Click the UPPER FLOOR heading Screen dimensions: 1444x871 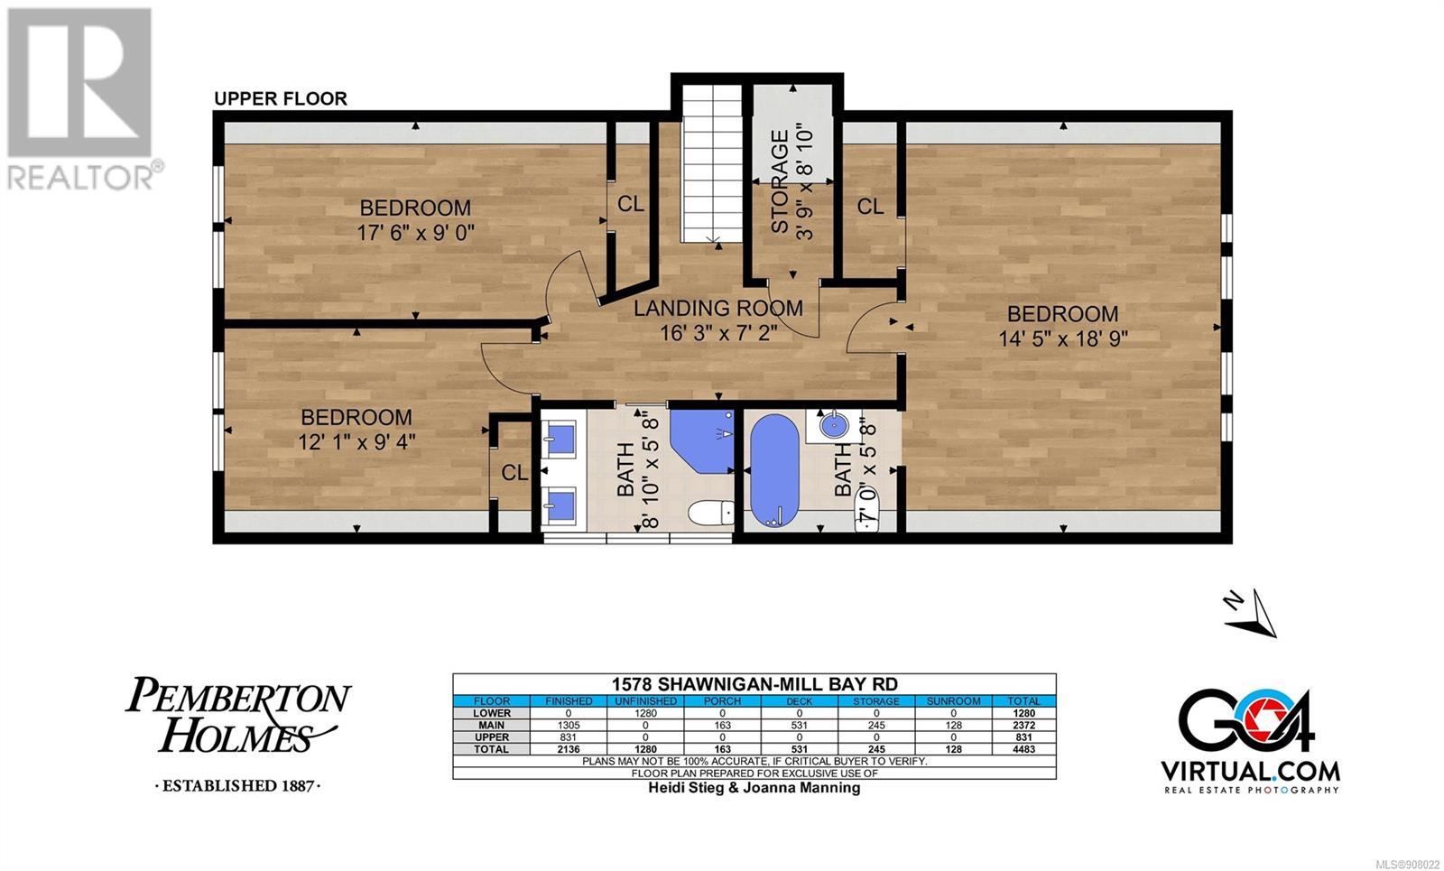tap(281, 98)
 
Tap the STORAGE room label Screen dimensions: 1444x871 tap(780, 181)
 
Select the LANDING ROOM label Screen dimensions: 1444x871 tap(718, 308)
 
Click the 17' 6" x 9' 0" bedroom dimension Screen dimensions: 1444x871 tap(416, 232)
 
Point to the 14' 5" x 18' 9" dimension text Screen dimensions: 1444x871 tap(1063, 338)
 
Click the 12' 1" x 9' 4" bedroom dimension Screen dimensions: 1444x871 tap(356, 441)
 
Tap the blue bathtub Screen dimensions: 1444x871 tap(775, 470)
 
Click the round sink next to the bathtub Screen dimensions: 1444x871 tap(835, 424)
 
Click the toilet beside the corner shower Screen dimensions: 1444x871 tap(711, 514)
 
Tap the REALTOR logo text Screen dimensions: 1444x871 tap(81, 177)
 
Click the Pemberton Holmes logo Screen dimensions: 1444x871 tap(238, 733)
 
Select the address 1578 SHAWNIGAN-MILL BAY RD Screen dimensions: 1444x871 tap(754, 684)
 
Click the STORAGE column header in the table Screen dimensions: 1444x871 tap(876, 700)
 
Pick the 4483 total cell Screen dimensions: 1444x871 tap(1023, 749)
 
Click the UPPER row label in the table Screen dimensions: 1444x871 tap(492, 737)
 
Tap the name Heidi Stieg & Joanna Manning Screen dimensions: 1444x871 tap(754, 788)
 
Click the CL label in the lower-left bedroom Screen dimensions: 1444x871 tap(514, 473)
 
